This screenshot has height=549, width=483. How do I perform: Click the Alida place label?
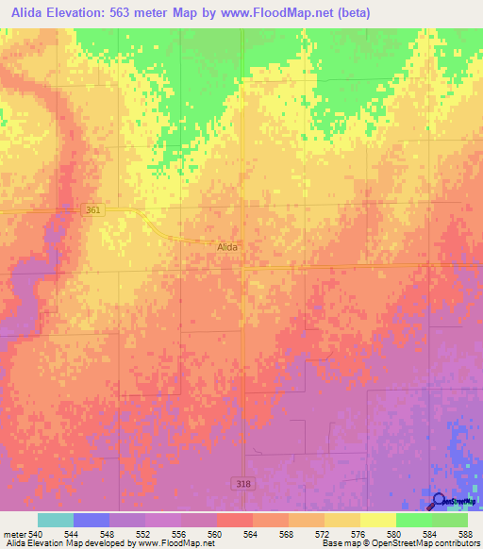pos(228,246)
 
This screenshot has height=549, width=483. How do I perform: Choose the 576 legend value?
pos(358,533)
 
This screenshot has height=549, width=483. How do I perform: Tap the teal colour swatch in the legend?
pos(56,520)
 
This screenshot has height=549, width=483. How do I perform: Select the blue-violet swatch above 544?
pos(92,520)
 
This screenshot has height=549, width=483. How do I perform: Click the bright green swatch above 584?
pos(414,520)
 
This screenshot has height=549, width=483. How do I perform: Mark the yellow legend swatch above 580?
pos(378,520)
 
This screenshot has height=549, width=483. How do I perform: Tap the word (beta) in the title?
pos(348,13)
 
